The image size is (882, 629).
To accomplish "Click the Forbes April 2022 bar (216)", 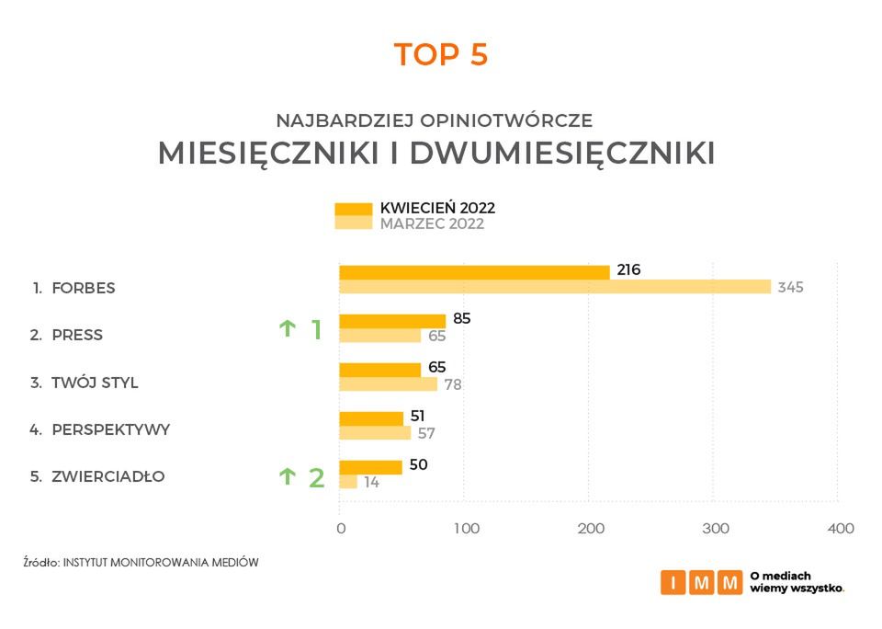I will coord(474,272).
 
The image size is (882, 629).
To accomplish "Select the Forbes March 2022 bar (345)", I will coord(555,287).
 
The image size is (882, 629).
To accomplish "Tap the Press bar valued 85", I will coord(392,321).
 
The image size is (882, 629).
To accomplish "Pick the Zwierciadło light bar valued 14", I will coord(348,481).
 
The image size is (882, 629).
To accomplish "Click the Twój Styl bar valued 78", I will coord(389,383).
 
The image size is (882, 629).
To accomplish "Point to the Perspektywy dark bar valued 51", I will coord(371,418).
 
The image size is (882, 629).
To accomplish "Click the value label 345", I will coord(790,288).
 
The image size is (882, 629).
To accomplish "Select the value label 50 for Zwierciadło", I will coord(418,465).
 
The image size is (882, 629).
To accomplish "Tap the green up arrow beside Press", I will coord(288,328).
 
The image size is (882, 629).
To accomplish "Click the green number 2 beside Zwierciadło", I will coord(316,478).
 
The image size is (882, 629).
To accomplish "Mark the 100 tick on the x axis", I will coord(467,529).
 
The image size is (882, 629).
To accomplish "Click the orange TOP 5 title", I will coord(441,55).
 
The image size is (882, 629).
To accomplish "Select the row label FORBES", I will coord(84,288).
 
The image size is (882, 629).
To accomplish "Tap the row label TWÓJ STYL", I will coord(95,383).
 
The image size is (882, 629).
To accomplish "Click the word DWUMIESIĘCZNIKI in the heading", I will coord(562,154).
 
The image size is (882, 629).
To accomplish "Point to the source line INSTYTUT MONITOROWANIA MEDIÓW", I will coord(161,561).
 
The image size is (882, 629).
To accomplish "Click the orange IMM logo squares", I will coord(702,582).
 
